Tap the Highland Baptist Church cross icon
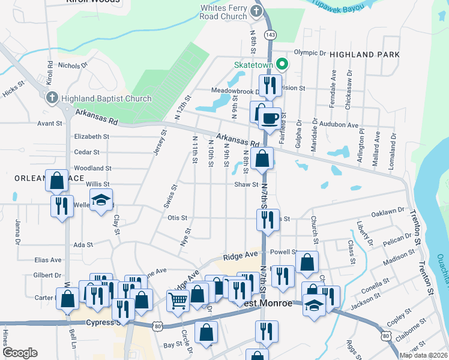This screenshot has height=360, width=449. click(52, 98)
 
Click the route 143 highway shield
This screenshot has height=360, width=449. click(272, 35)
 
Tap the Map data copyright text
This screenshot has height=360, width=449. click(423, 355)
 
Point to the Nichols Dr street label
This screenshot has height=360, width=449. click(69, 65)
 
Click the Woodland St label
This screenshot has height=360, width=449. click(92, 169)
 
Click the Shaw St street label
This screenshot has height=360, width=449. click(246, 185)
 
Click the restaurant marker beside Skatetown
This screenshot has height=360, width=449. click(269, 85)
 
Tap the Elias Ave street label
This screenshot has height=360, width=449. click(48, 260)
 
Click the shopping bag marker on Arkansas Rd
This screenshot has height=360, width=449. click(263, 159)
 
